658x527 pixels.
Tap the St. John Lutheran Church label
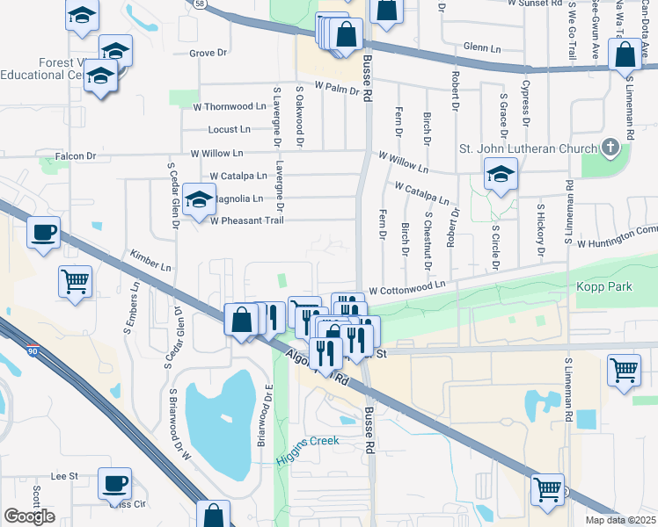click(x=528, y=148)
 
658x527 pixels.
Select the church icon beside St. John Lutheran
click(x=612, y=149)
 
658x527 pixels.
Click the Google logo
click(x=29, y=516)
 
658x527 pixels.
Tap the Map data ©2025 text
click(x=619, y=520)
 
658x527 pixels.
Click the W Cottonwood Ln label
click(x=407, y=288)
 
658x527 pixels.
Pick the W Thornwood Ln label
click(x=235, y=106)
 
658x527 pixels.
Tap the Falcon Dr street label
click(x=75, y=156)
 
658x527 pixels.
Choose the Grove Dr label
click(x=208, y=53)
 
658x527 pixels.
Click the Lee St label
click(x=65, y=476)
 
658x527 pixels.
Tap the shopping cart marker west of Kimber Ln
click(x=76, y=282)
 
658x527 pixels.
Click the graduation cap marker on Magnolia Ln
click(x=200, y=199)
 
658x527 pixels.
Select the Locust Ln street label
click(x=229, y=129)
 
